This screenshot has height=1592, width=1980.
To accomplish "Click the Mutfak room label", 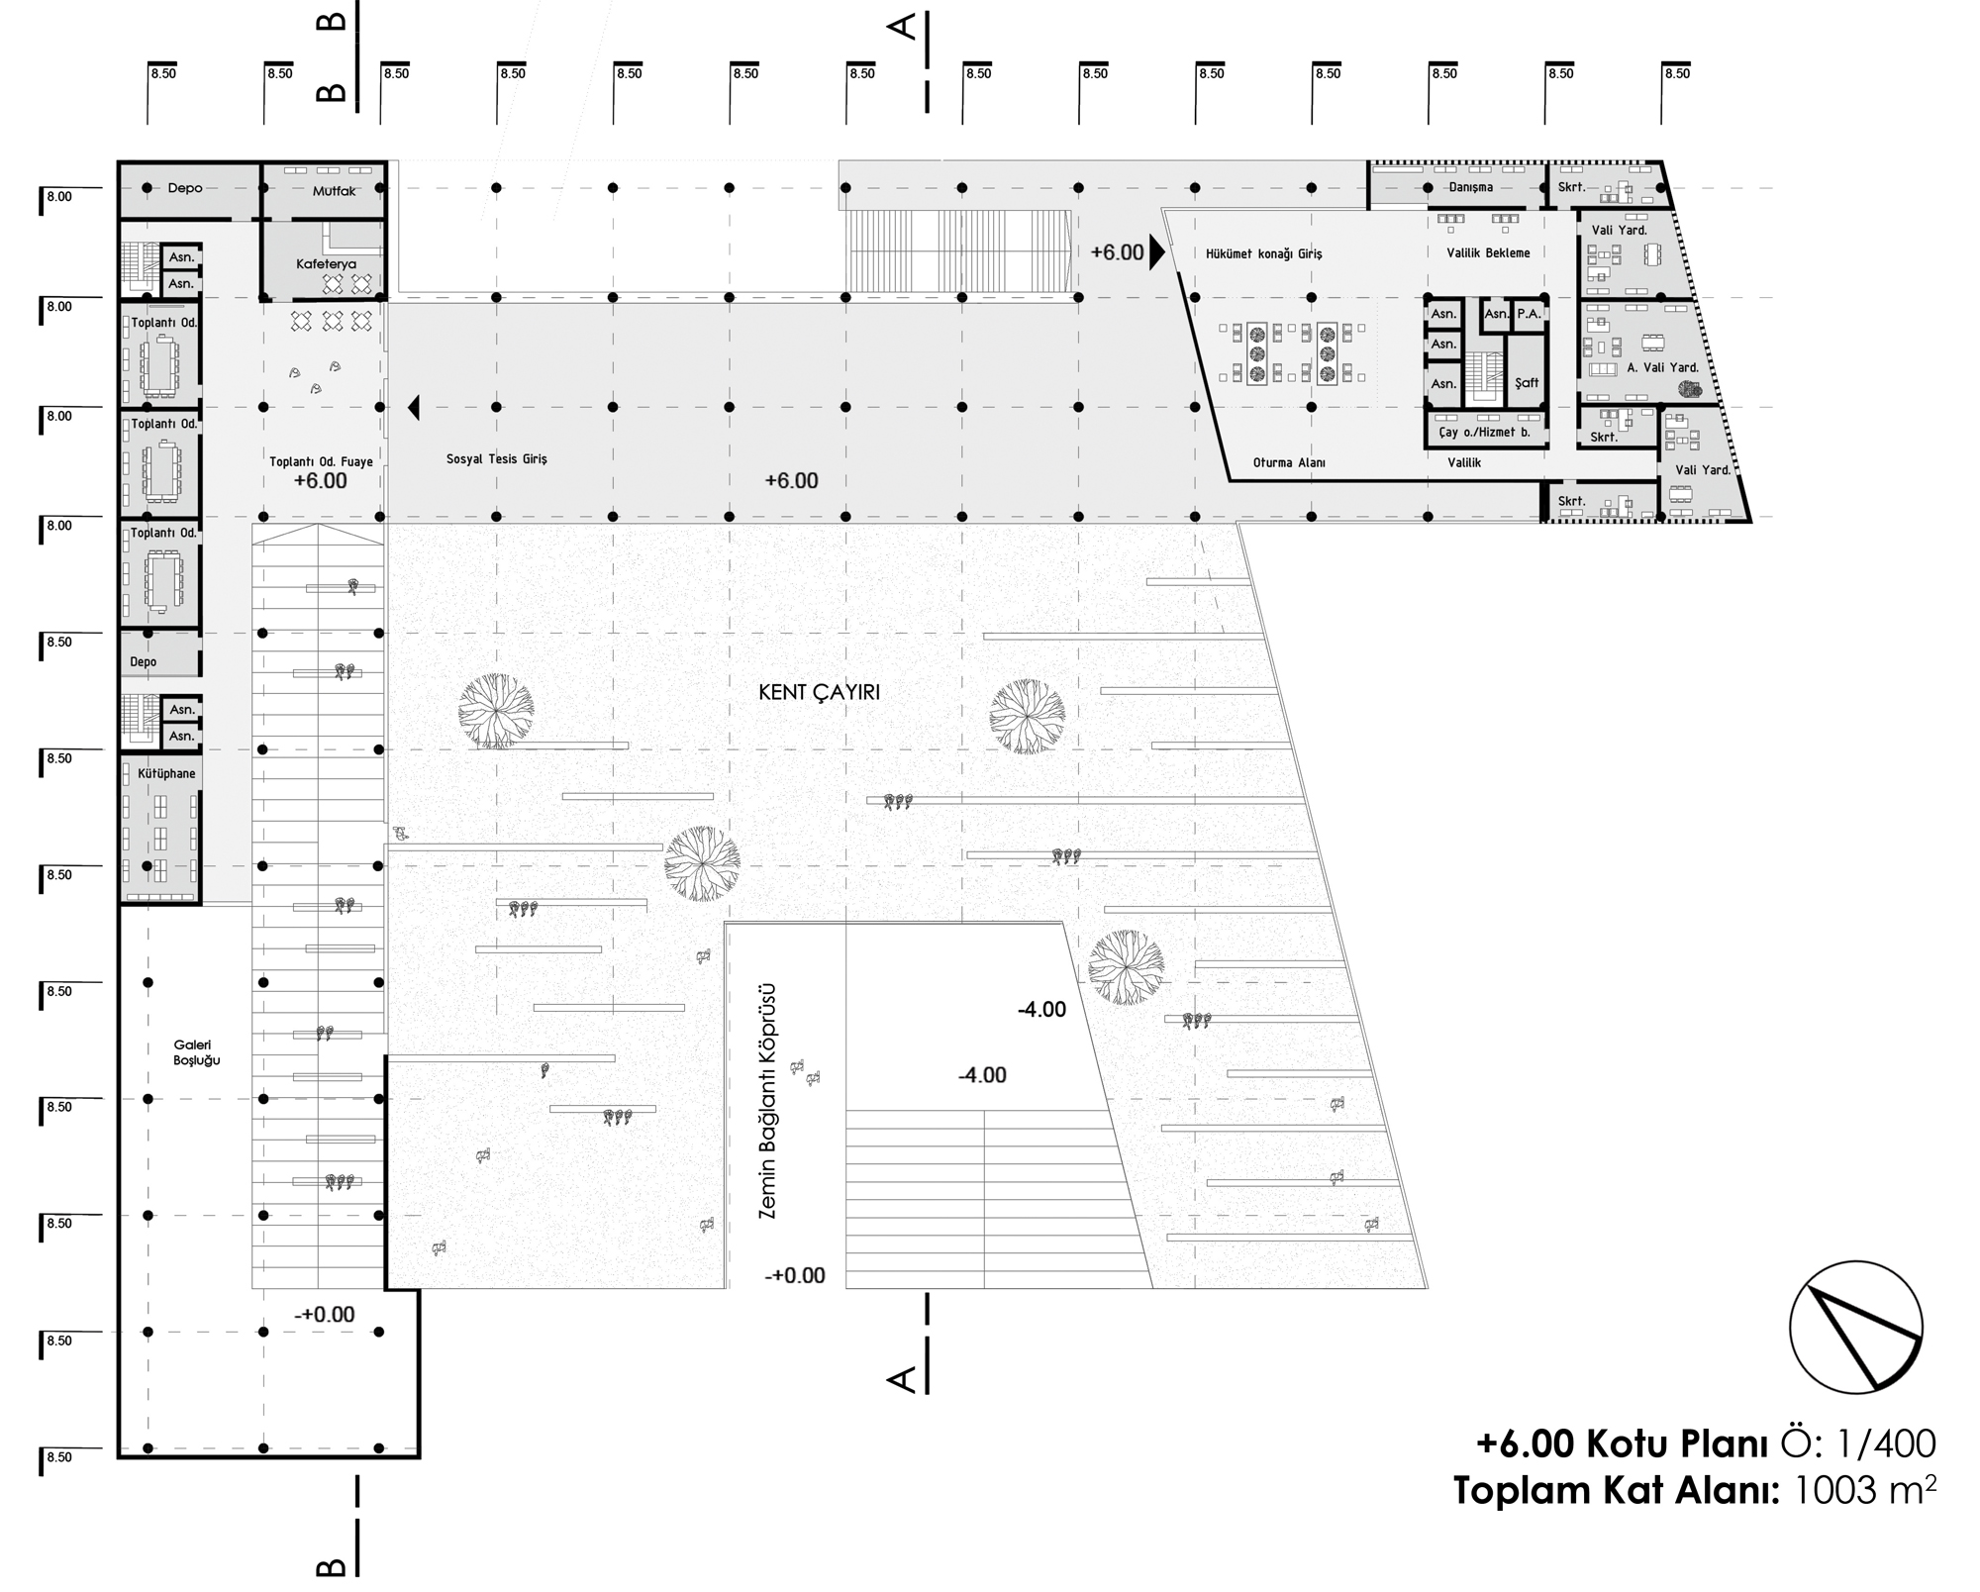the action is point(334,190).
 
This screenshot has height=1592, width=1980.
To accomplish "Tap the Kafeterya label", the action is point(326,264).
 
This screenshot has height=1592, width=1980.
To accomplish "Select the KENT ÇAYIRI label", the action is point(819,693).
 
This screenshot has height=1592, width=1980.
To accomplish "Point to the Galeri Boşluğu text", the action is point(197,1052).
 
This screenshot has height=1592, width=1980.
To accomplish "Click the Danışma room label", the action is point(1470,187).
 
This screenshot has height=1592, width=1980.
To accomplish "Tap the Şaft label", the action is point(1527,383).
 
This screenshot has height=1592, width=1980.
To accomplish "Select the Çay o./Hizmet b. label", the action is point(1484,433).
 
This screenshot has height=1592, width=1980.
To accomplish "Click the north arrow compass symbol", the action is point(1855,1327).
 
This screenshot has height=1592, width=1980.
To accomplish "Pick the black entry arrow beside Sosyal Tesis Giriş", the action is point(414,407).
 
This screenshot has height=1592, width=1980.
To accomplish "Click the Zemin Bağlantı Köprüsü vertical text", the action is point(767,1100).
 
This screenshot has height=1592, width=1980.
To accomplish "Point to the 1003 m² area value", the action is point(1858,1489).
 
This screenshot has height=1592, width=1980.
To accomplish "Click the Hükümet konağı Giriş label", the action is point(1263,253).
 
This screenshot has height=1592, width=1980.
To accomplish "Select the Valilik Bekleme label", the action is point(1488,253).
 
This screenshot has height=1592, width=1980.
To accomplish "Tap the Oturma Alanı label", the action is point(1289,462).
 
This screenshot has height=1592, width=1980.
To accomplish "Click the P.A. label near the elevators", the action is point(1529,314).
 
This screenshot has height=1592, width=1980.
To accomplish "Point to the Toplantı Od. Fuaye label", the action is point(321,461).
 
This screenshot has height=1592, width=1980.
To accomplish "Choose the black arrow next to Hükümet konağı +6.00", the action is point(1156,252).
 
